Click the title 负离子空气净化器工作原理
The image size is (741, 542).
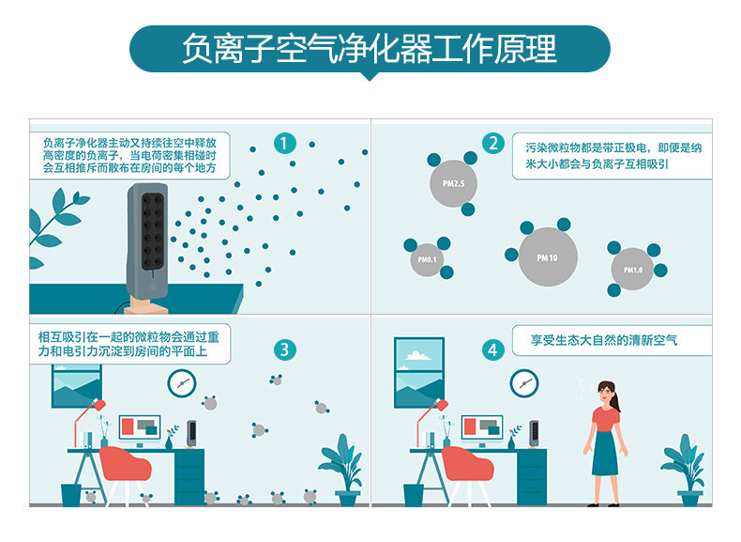[370, 48]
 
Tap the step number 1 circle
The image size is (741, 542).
[284, 144]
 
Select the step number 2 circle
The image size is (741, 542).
[493, 144]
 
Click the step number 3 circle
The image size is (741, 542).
[284, 350]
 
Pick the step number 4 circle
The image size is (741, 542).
[493, 350]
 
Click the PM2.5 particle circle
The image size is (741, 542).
[453, 182]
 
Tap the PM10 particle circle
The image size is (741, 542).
[547, 256]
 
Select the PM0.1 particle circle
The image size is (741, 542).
[427, 258]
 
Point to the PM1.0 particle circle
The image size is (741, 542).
[633, 269]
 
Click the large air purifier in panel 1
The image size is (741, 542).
[148, 240]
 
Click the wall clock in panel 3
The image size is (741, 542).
[182, 382]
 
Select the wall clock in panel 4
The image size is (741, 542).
[524, 382]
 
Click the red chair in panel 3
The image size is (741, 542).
[126, 470]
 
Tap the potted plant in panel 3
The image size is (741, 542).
[340, 465]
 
